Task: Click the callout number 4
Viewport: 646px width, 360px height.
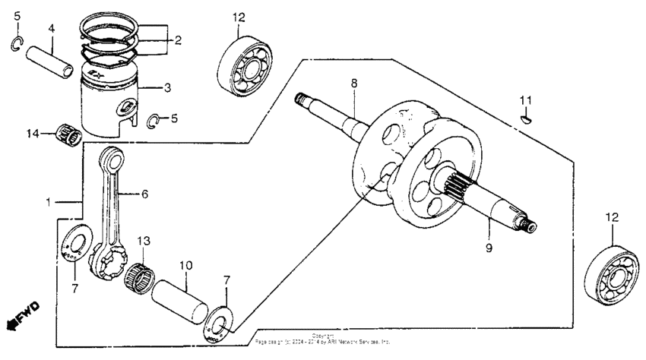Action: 52,29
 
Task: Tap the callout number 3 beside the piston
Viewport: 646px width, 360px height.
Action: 168,88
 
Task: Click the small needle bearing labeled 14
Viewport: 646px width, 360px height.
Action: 71,136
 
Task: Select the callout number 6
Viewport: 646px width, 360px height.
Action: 145,194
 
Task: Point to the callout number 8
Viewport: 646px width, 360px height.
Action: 353,83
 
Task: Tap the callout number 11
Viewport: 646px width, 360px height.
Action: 526,100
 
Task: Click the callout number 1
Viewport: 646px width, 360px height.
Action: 49,203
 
